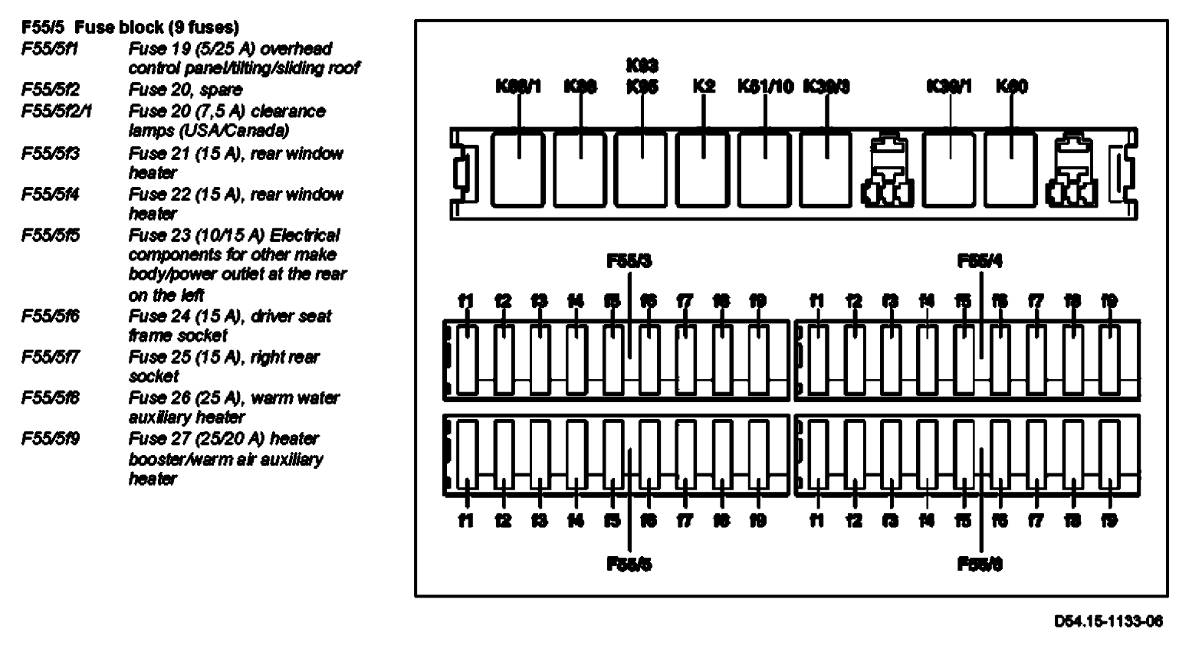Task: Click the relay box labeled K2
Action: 703,169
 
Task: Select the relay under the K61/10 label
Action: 764,169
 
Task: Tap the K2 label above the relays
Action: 703,87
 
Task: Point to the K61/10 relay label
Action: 765,87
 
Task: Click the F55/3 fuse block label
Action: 629,261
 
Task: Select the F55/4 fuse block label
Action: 980,261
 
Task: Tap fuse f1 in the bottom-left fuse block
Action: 466,456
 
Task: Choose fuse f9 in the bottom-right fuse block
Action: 1109,456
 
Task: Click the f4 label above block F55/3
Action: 576,301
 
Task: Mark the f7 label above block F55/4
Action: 1036,301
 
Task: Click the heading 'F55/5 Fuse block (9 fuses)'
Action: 130,28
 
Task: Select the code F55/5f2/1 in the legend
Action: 57,112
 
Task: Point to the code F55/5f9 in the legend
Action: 51,439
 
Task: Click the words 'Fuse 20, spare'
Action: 186,90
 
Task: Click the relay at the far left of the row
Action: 517,169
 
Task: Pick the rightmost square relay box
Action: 1010,169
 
